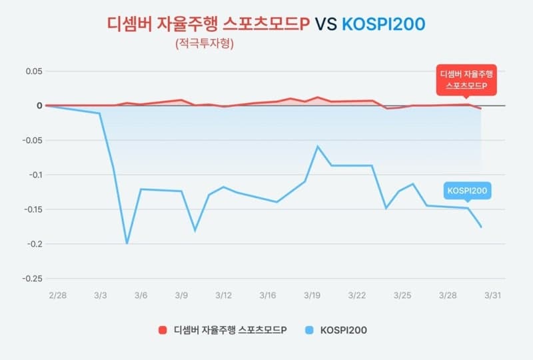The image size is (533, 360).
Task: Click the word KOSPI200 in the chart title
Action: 383,25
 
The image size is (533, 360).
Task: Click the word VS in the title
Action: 326,25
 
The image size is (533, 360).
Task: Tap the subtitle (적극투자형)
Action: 205,45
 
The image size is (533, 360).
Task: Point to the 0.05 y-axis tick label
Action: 33,71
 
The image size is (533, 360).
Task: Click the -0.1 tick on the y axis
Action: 33,175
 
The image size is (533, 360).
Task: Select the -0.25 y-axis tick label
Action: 31,279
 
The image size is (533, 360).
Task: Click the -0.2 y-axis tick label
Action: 33,244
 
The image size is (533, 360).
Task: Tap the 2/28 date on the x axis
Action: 57,295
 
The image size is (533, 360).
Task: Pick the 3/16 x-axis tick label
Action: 268,295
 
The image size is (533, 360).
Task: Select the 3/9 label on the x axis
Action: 181,295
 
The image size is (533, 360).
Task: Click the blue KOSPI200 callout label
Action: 468,191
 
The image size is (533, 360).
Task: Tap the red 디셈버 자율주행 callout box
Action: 466,80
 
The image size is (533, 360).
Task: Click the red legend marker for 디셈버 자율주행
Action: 162,330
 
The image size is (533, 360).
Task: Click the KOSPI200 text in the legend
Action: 344,330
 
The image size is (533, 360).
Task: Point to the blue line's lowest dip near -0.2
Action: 127,243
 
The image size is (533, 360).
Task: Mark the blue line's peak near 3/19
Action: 318,146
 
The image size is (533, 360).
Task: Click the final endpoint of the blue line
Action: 481,227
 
